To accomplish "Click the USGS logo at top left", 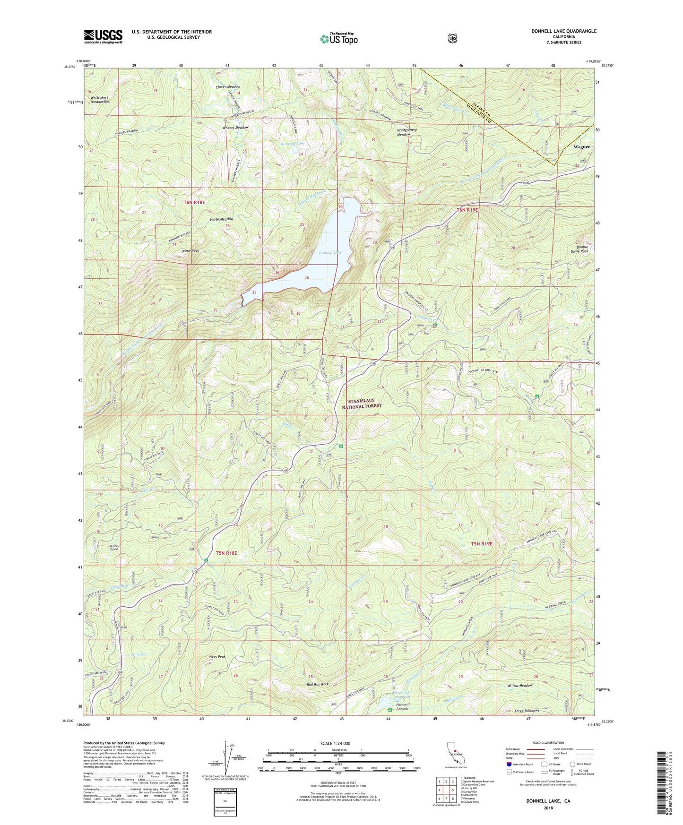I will click(103, 36).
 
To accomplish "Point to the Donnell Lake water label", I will click(330, 253).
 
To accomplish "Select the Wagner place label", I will click(581, 147).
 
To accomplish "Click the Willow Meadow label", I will click(519, 685).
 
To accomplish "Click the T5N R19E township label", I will click(482, 544).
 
